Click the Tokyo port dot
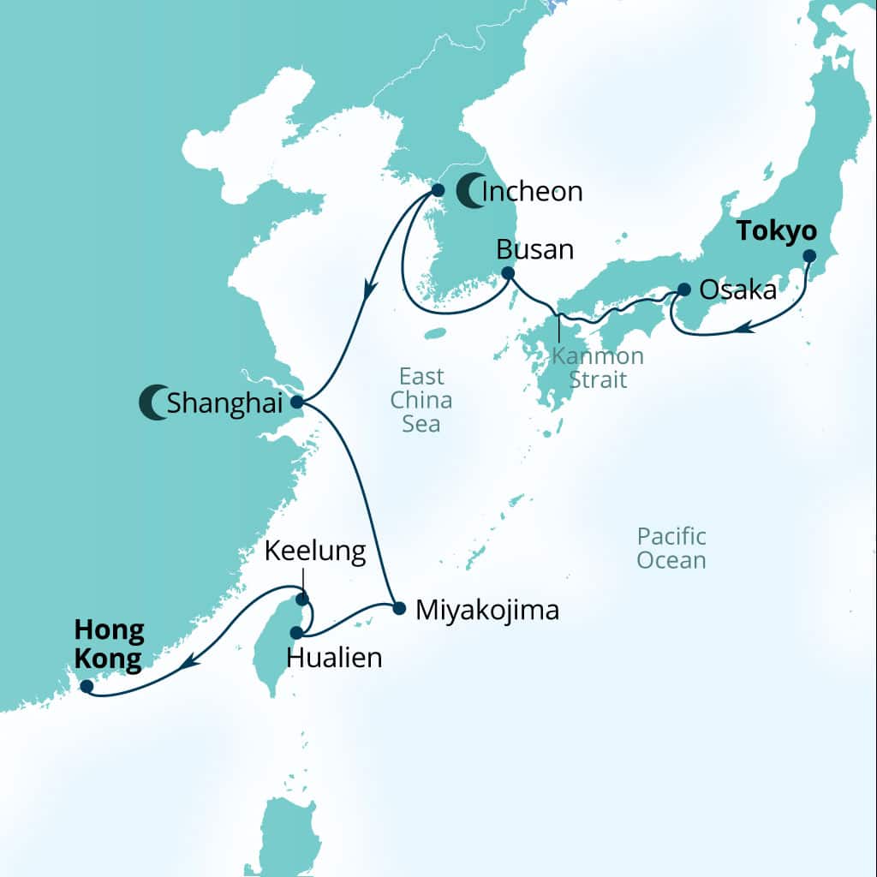click(808, 256)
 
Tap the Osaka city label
click(738, 290)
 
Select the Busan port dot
click(507, 274)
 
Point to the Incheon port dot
click(437, 190)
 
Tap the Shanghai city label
click(218, 403)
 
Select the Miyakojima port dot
click(399, 609)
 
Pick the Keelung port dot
click(301, 600)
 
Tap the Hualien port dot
click(296, 633)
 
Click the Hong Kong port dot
click(86, 685)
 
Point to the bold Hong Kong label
click(109, 645)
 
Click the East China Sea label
click(421, 399)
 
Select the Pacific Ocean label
click(671, 548)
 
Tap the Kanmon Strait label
click(598, 367)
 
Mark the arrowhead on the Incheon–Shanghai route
click(369, 290)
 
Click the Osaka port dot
click(684, 289)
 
